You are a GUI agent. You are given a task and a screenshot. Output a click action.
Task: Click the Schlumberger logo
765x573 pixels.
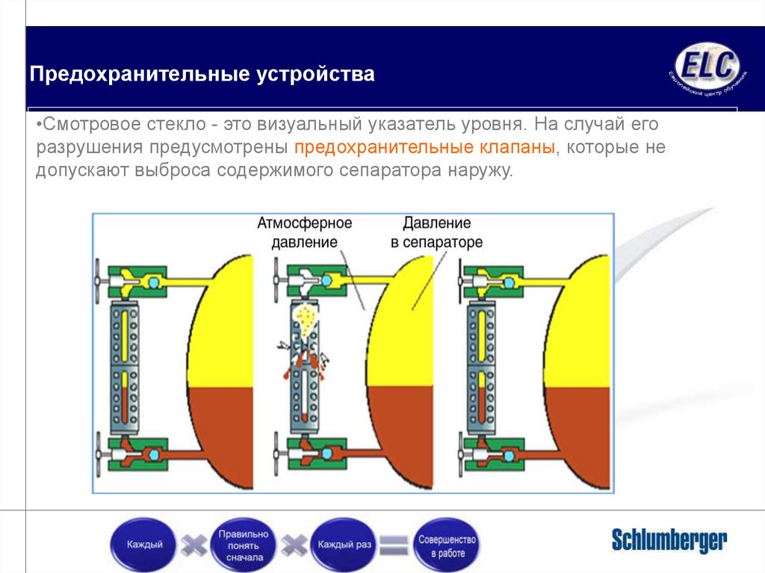669,539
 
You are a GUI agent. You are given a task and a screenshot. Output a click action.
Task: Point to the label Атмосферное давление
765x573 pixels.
304,232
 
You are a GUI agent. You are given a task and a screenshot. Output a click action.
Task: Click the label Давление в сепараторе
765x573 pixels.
436,232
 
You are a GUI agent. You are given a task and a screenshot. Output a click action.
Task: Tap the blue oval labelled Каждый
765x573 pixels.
145,545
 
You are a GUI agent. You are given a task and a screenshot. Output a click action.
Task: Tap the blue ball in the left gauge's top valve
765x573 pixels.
153,282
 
